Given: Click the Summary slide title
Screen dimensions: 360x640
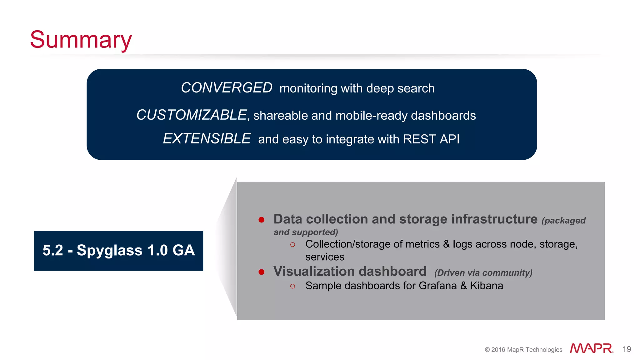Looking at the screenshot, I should coord(81,40).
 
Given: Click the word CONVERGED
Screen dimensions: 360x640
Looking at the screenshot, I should coord(227,88).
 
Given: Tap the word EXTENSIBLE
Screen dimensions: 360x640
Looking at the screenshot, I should coord(207,139).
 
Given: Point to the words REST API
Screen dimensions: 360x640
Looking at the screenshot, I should coord(431,139).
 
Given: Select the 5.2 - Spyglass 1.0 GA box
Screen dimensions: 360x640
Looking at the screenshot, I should coord(118,251).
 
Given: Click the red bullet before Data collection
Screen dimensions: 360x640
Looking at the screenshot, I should coord(262,220).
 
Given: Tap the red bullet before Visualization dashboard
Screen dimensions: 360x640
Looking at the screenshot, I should coord(262,272).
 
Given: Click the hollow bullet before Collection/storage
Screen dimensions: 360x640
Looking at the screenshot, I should coord(292,245).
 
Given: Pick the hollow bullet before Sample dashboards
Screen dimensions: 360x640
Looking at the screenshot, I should coord(292,286).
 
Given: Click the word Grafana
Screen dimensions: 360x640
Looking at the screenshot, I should coord(437,286).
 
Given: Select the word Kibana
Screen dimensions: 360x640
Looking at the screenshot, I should coord(487,286).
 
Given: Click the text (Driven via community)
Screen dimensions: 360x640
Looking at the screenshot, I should coord(483,273).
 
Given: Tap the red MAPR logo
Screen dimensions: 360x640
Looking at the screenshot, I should coord(591,348).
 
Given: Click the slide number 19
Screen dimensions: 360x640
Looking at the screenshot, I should coord(627,349).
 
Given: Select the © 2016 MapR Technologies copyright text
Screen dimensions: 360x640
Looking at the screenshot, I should coord(523,350).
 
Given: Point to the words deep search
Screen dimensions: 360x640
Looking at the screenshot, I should coord(400,88).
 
